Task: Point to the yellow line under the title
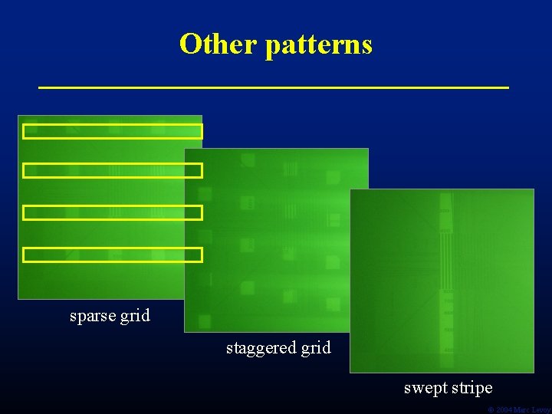coord(274,88)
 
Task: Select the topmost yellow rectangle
coord(113,131)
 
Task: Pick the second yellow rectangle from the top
coord(113,170)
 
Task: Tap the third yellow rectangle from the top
coord(113,212)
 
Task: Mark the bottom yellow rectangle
coord(113,255)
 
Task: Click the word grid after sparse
coord(135,316)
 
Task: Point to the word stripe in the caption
coord(472,388)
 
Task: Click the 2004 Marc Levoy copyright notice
coord(519,410)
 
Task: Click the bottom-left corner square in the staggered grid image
coord(204,321)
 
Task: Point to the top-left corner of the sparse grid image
coord(18,116)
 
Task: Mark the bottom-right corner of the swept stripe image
coord(533,372)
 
